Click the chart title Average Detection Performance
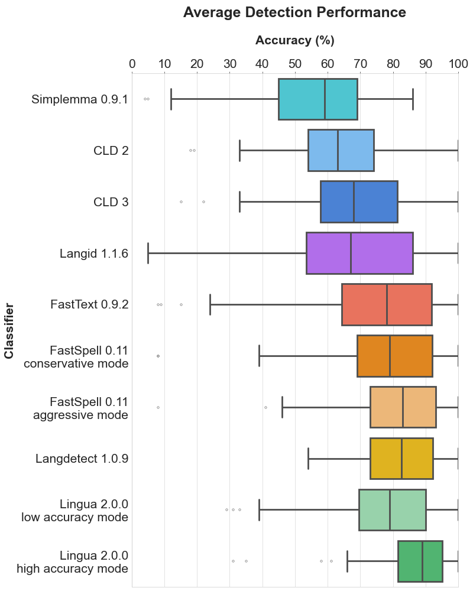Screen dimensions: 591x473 coord(294,12)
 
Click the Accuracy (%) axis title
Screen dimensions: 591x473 coord(294,41)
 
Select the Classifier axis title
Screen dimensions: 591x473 coord(9,331)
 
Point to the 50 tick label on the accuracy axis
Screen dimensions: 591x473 coord(294,64)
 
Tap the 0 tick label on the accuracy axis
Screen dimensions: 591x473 coord(132,64)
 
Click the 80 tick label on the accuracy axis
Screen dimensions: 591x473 coord(393,64)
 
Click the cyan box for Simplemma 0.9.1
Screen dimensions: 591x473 coord(302,99)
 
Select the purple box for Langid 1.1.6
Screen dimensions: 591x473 coord(372,253)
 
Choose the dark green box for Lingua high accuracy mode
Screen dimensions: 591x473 coord(432,561)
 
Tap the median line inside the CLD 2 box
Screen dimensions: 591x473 coord(338,150)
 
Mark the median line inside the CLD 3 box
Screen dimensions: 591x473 coord(354,202)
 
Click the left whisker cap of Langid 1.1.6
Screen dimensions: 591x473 coord(148,253)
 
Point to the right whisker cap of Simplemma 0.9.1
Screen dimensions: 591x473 coord(413,99)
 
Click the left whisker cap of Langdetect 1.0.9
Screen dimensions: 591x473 coord(308,458)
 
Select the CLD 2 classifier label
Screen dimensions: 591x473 coord(111,151)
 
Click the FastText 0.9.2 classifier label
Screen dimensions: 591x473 coord(89,305)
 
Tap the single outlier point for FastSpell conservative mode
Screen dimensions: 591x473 coord(158,356)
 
